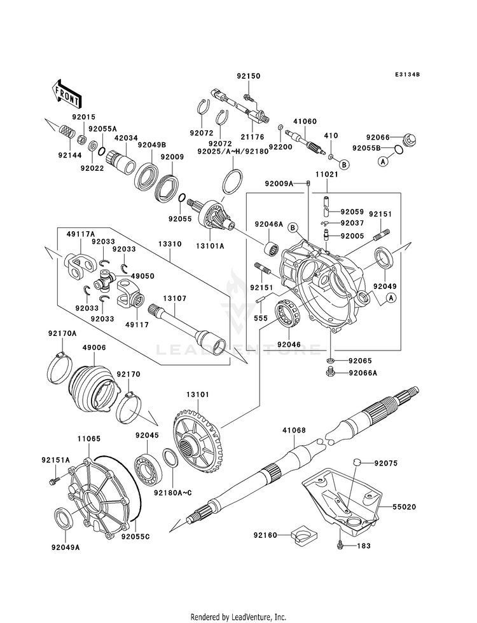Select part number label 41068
(x=294, y=430)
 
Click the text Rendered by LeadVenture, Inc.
(x=238, y=617)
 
